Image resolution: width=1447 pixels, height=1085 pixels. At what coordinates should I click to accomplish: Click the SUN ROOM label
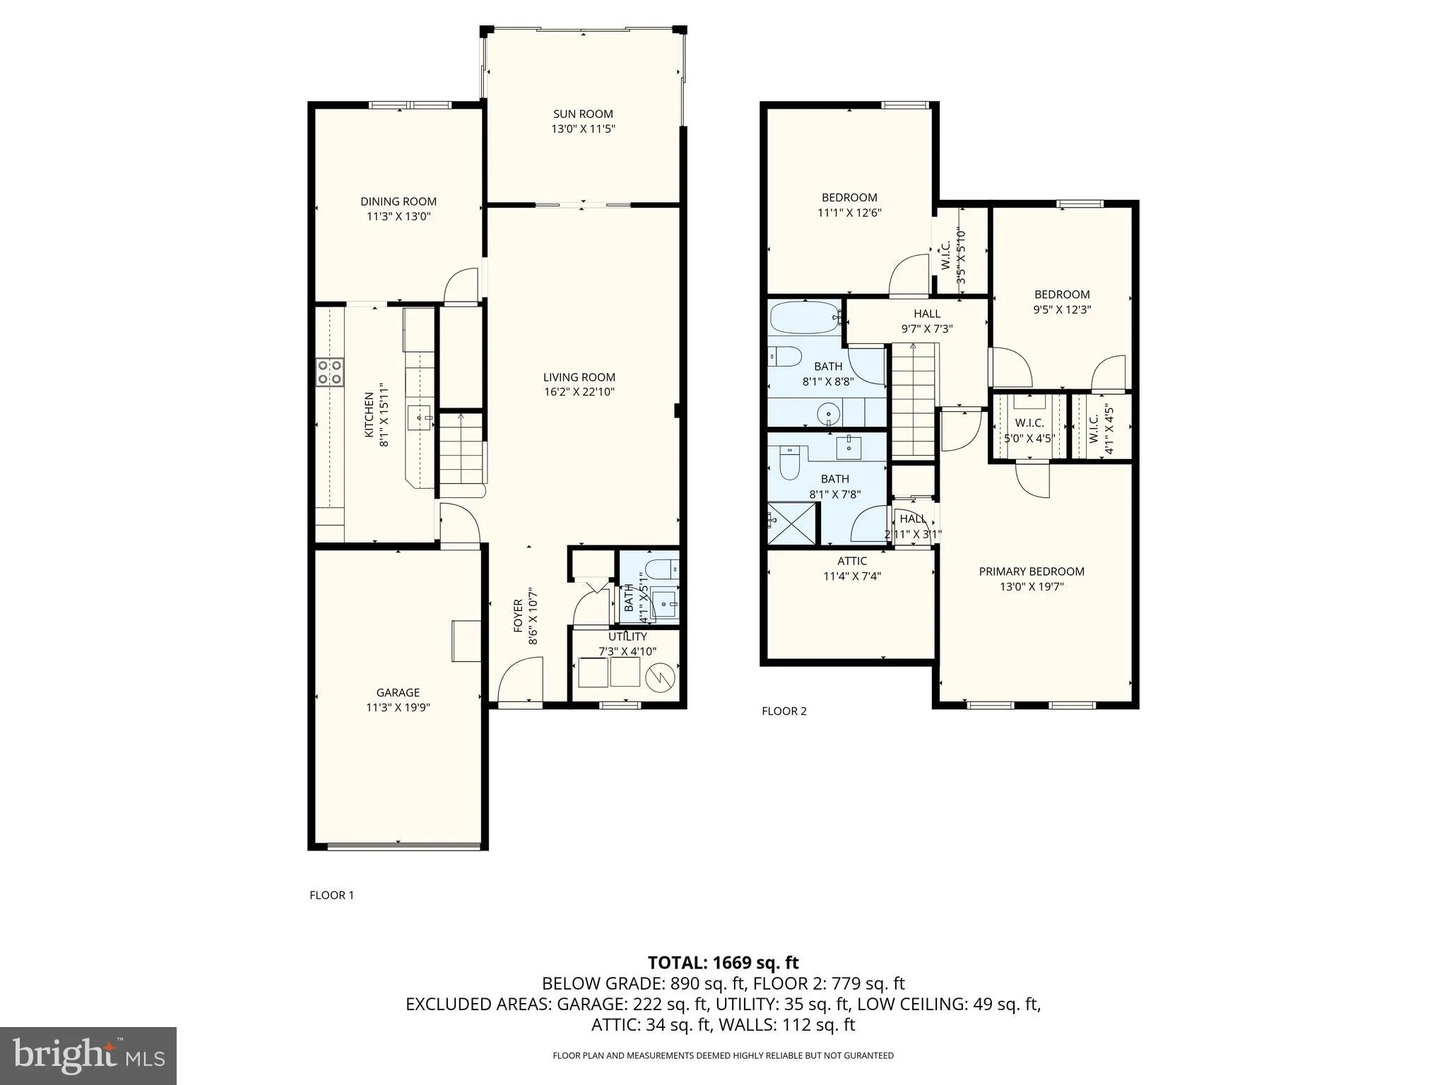coord(582,114)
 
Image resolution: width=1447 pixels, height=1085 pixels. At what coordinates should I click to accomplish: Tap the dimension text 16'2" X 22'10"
coord(579,392)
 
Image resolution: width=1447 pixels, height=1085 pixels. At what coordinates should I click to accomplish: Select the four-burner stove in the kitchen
coord(329,372)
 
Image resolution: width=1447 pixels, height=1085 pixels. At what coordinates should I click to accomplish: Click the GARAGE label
coord(398,692)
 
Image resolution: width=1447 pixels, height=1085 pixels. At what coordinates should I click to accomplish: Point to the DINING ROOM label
coord(398,201)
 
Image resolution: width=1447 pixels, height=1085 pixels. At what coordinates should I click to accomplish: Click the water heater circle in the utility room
coord(661,678)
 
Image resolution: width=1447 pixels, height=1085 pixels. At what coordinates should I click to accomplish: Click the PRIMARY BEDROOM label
coord(1031,571)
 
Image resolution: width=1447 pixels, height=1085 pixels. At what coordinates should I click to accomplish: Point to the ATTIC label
coord(852,561)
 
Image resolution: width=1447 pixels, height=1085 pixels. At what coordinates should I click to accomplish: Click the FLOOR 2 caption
coord(784,711)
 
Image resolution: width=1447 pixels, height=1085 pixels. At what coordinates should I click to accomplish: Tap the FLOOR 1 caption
coord(331,895)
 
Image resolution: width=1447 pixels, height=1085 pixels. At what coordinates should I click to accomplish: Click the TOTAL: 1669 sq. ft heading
coord(723,962)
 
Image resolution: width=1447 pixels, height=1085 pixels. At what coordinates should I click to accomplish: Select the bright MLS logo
coord(88,1056)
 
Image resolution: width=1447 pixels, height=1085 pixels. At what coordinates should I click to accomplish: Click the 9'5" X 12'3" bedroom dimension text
coord(1062,309)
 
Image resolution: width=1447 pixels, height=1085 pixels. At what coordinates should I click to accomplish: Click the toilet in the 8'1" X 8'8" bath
coord(784,356)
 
